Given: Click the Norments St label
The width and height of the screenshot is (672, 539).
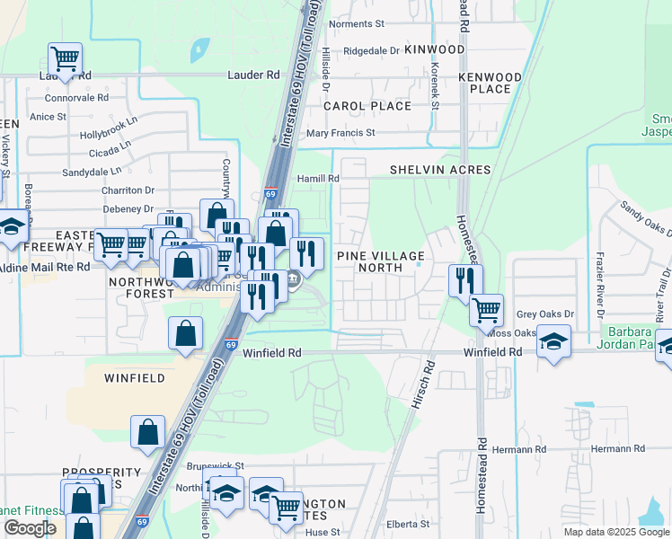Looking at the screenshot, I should [x=357, y=24].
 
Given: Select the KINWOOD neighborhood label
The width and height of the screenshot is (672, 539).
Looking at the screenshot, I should [x=435, y=49].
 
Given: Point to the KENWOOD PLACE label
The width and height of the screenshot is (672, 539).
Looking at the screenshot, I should [x=490, y=83].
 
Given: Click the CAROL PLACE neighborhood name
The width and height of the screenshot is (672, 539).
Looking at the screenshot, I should [x=367, y=106].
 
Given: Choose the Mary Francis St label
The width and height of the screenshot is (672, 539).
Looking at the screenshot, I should [x=340, y=133].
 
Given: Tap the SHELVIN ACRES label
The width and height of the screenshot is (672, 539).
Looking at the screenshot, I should [x=440, y=170].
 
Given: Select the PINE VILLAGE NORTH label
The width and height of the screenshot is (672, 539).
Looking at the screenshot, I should [x=380, y=261].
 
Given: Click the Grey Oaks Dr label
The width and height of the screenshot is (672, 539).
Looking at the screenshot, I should [x=545, y=314].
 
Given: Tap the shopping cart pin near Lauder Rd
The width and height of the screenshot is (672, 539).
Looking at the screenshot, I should [x=65, y=59].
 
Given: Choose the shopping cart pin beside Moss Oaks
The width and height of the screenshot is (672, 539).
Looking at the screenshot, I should [x=486, y=311].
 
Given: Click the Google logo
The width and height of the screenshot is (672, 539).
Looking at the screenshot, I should [x=30, y=527].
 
